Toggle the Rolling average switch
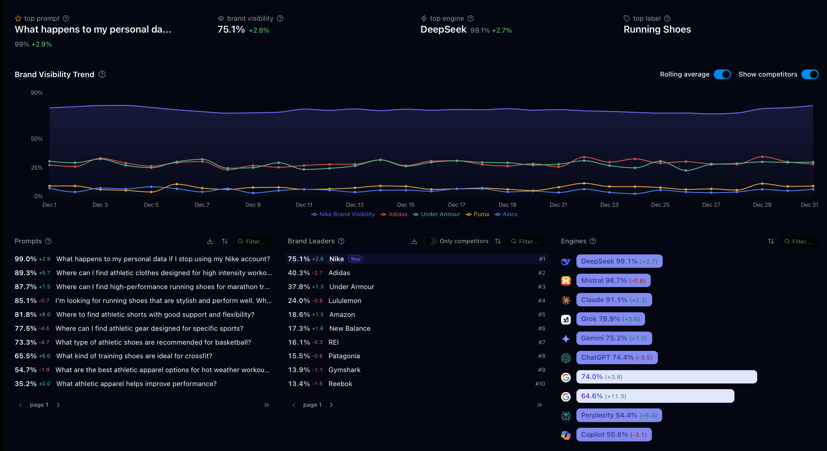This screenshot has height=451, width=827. click(x=722, y=74)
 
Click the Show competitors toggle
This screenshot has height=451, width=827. click(x=810, y=74)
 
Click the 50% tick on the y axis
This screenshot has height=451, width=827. click(x=37, y=139)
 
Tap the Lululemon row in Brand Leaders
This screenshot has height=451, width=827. click(x=345, y=301)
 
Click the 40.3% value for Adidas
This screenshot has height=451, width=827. click(x=299, y=273)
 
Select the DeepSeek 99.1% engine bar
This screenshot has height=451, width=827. click(x=619, y=262)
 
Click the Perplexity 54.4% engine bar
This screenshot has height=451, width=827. click(x=619, y=415)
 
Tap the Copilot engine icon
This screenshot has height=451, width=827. click(x=566, y=435)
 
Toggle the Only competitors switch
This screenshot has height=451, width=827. click(x=430, y=241)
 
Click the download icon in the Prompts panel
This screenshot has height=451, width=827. click(x=210, y=241)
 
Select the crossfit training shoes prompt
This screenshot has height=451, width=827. click(x=134, y=356)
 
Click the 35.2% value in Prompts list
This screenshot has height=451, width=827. click(x=25, y=384)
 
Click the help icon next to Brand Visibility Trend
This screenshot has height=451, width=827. click(x=102, y=74)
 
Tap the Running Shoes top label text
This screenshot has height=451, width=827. click(x=657, y=29)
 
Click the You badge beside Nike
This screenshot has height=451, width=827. click(x=355, y=259)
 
